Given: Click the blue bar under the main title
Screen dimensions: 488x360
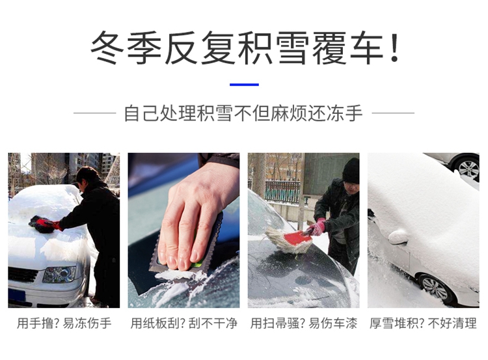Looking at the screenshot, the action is (244, 85).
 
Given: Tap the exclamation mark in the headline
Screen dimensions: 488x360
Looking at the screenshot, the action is (394, 48).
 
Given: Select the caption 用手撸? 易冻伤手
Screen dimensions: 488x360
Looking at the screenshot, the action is (64, 324).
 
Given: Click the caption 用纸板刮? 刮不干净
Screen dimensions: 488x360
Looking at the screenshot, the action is (183, 324).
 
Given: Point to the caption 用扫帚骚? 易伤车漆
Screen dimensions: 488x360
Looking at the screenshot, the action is (304, 324).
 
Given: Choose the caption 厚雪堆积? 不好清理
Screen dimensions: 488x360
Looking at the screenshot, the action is (423, 324).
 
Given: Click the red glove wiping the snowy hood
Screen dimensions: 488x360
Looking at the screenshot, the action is (47, 224).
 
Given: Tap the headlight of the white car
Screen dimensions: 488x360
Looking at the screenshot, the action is (59, 274).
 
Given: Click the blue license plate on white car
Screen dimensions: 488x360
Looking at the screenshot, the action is (17, 295).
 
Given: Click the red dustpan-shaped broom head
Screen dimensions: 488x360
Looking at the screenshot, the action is (297, 238).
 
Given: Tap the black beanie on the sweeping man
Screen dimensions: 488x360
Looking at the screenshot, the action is (351, 171).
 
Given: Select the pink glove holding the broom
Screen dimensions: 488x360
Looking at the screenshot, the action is (316, 227).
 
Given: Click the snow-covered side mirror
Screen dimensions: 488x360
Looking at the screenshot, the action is (398, 237).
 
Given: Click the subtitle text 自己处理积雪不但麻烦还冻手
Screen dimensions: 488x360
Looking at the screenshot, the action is (243, 113).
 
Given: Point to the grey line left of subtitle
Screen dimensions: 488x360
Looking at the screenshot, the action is (94, 113).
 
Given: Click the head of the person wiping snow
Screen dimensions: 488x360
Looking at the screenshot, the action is (88, 178).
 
